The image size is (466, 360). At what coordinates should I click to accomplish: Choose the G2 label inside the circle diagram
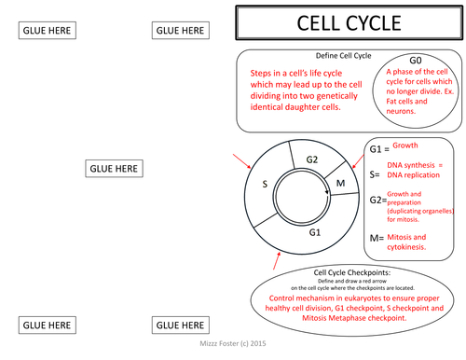[x=312, y=159]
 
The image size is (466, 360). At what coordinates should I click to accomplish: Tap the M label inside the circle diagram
[x=340, y=183]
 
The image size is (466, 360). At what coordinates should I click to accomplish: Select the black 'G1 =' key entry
[x=378, y=149]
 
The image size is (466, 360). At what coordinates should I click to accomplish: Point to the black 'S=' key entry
[x=375, y=173]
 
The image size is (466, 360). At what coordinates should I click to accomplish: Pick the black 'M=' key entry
[x=377, y=239]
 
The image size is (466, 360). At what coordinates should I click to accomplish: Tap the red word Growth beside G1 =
[x=404, y=146]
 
